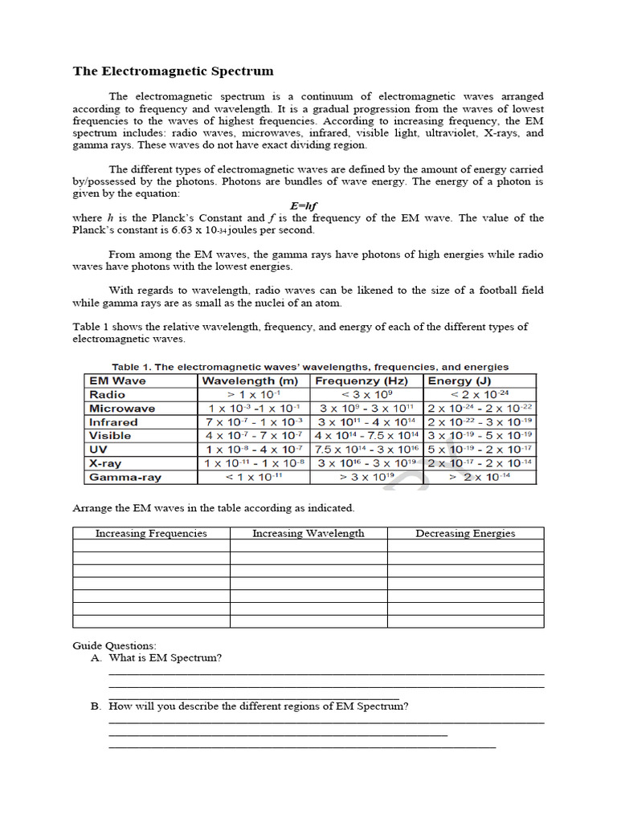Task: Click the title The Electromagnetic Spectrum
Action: point(173,71)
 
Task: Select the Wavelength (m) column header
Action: point(250,380)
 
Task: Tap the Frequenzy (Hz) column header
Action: point(362,380)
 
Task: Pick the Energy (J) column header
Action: point(460,380)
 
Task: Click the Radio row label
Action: point(108,395)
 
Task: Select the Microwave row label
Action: point(122,409)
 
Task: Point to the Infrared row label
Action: point(113,422)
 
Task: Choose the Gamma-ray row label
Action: point(125,477)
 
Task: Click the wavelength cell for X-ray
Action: point(254,463)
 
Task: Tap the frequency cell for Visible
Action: point(366,436)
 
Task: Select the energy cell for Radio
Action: point(480,395)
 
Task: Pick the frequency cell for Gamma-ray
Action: point(366,477)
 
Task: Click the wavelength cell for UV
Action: point(254,450)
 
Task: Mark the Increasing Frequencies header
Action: point(151,533)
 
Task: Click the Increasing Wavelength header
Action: point(308,533)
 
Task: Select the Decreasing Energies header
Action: point(465,533)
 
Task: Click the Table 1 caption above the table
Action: point(309,367)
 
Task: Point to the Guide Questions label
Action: point(114,645)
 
